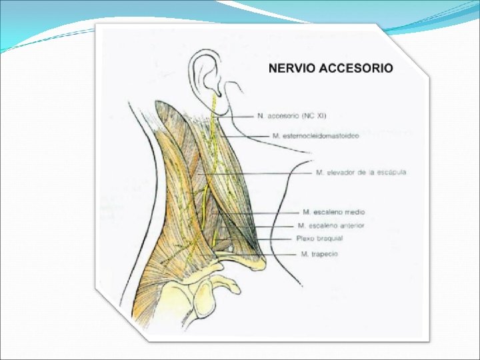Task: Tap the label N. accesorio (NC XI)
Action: pyautogui.click(x=291, y=115)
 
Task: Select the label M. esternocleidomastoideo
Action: pyautogui.click(x=316, y=136)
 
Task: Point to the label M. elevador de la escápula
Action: pyautogui.click(x=361, y=173)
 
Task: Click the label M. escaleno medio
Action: pyautogui.click(x=333, y=212)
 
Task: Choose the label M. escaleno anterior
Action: pyautogui.click(x=331, y=225)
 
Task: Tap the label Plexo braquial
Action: pyautogui.click(x=319, y=239)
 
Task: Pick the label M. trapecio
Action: pyautogui.click(x=319, y=254)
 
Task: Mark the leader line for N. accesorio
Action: pyautogui.click(x=240, y=116)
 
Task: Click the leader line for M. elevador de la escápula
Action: pyautogui.click(x=267, y=173)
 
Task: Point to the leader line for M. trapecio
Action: pyautogui.click(x=280, y=254)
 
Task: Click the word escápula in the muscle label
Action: pyautogui.click(x=391, y=173)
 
